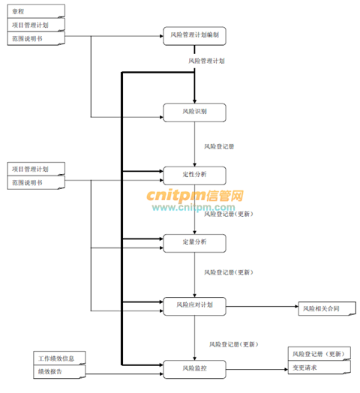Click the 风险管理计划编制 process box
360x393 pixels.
[x=194, y=36]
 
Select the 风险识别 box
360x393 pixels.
[x=194, y=112]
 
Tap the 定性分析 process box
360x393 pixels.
[x=194, y=175]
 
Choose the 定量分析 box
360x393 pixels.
[x=194, y=243]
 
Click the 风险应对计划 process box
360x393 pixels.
[x=194, y=306]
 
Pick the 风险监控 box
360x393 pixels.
[x=194, y=369]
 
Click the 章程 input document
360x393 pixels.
[x=36, y=11]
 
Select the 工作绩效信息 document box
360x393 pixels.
[x=60, y=358]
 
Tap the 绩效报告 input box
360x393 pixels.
[x=60, y=371]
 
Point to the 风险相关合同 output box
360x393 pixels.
[x=327, y=308]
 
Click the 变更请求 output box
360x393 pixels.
[x=319, y=367]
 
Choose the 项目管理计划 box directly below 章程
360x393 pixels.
[x=36, y=25]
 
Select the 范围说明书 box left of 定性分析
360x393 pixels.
[x=36, y=182]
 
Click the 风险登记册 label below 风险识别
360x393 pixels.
[x=219, y=146]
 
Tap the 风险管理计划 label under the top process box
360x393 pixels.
[x=206, y=61]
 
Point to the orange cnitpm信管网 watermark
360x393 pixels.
[x=195, y=196]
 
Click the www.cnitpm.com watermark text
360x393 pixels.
[x=193, y=207]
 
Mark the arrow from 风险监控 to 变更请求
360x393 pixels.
[x=257, y=369]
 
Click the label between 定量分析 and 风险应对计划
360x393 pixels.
[x=229, y=272]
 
